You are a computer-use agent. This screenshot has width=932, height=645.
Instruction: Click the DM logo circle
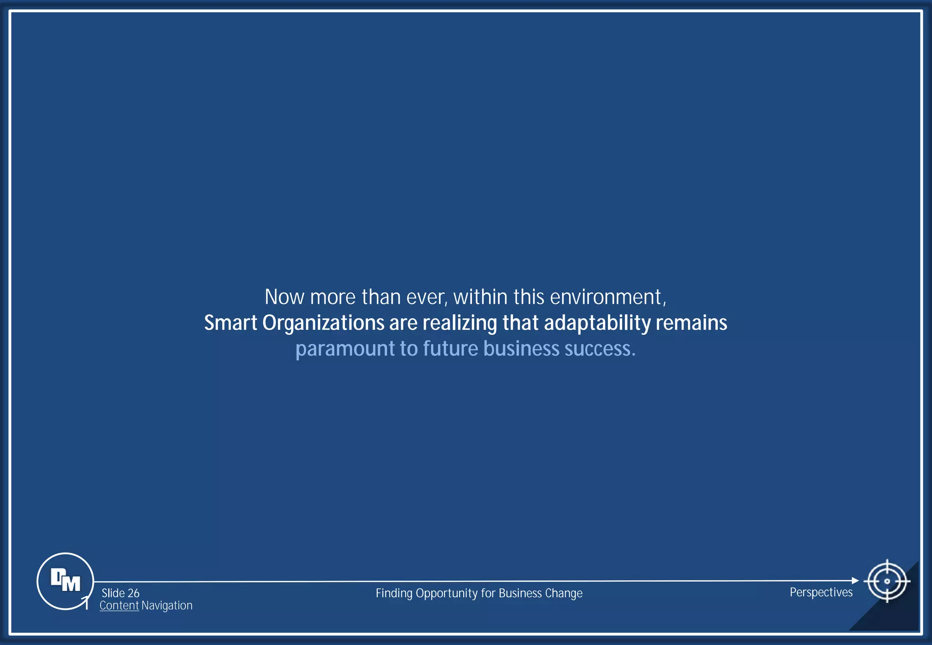(65, 581)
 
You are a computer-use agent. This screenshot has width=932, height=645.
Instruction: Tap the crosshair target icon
(886, 581)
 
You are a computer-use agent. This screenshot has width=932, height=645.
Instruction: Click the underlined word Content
(119, 605)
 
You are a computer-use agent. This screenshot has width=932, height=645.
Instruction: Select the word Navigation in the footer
(167, 605)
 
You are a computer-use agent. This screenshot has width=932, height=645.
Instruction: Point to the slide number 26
(133, 593)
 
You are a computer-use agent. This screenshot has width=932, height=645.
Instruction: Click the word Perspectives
(821, 592)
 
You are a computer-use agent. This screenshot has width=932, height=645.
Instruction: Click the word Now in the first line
(284, 297)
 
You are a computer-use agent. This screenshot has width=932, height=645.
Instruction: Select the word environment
(608, 297)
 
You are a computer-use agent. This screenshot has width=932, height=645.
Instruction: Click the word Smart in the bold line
(230, 323)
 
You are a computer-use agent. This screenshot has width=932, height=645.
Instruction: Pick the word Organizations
(323, 323)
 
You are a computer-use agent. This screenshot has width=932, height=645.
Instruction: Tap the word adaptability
(597, 323)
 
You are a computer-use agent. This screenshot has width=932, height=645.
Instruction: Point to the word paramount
(345, 349)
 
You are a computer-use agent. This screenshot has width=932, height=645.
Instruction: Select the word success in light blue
(599, 349)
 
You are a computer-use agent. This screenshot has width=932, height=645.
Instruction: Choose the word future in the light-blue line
(451, 349)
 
